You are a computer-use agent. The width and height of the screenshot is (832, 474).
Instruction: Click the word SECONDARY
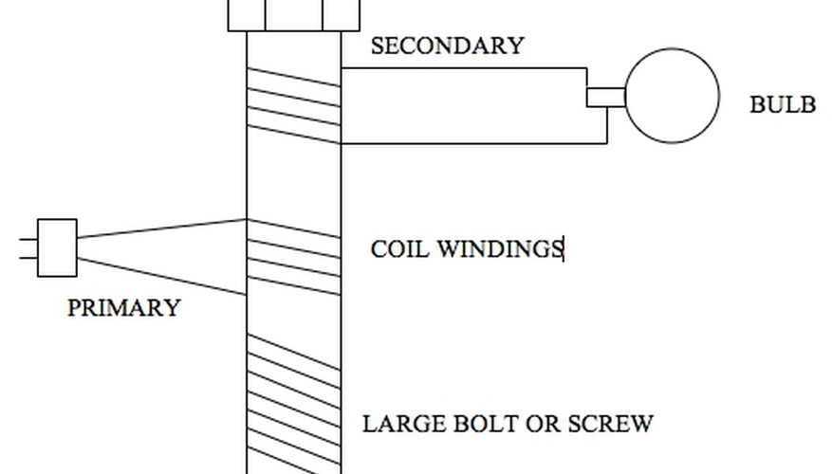coord(446,46)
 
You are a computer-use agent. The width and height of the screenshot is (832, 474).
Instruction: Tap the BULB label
coord(782,105)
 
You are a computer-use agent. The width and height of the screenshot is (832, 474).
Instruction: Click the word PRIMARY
coord(123,308)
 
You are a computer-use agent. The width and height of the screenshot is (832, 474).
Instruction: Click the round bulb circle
coord(671,97)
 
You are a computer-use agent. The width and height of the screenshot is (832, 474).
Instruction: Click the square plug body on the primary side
coord(57,247)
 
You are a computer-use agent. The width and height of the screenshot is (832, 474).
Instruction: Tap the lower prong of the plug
coord(28,257)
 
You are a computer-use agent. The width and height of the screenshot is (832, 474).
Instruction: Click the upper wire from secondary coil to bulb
coord(465,68)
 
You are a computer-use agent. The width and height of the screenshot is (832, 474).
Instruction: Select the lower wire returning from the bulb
coord(474,143)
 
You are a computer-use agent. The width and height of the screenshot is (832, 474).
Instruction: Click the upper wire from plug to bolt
coord(161,228)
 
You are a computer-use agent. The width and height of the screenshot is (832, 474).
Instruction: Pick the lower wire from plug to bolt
coord(161,276)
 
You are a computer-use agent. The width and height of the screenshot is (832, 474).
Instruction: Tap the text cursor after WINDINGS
coord(564,249)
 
